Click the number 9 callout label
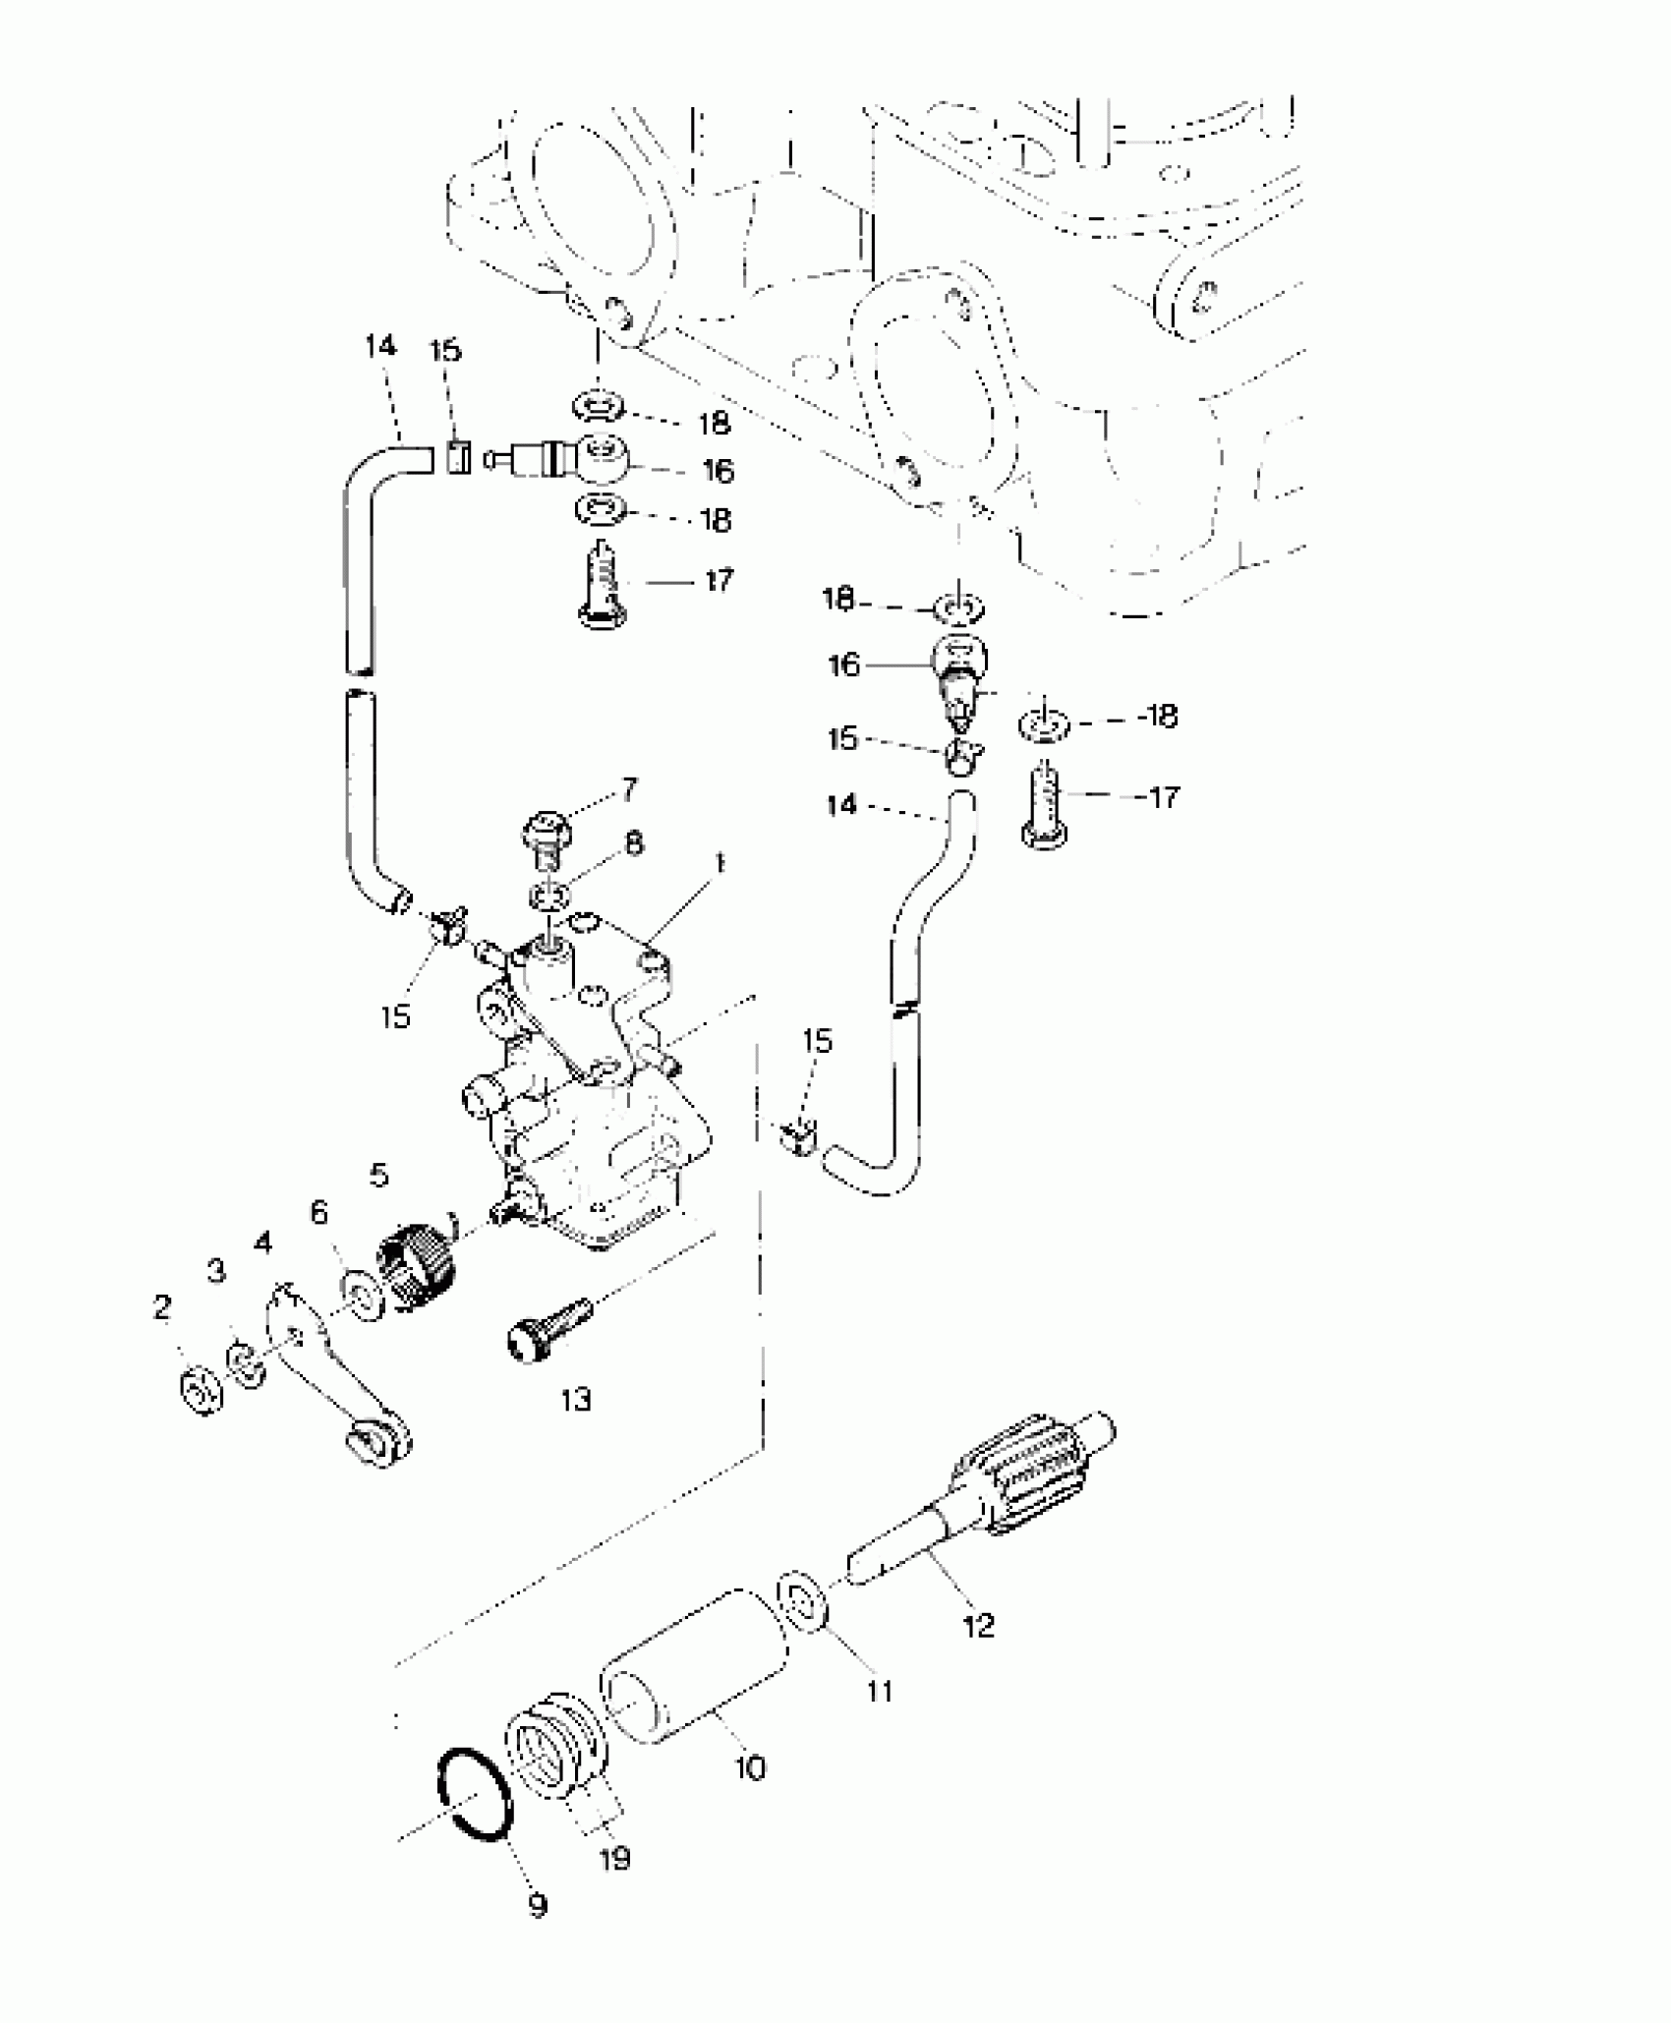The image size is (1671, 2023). click(537, 1906)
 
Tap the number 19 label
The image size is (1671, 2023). click(614, 1858)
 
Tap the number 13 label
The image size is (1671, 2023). click(576, 1399)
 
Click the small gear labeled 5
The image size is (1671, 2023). click(416, 1269)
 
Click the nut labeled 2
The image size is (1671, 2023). click(201, 1390)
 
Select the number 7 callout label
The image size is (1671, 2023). click(628, 788)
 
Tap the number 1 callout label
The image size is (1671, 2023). click(720, 864)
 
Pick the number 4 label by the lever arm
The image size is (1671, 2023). click(262, 1243)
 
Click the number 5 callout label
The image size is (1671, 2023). click(379, 1175)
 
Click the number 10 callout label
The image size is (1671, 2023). click(750, 1768)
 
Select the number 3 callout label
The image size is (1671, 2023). click(216, 1270)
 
